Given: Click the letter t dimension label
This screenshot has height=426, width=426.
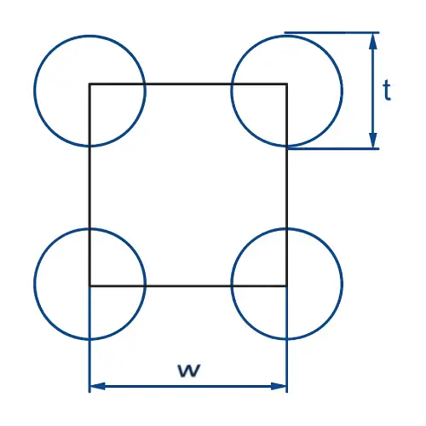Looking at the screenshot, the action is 387,90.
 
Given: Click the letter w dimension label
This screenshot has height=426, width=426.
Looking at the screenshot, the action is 189,370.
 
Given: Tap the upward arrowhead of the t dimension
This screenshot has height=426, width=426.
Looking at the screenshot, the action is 373,41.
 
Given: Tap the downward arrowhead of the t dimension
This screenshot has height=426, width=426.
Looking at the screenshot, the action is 373,141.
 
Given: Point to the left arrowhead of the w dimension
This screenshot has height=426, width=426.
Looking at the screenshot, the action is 97,386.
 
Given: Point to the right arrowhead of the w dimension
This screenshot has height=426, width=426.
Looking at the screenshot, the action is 279,386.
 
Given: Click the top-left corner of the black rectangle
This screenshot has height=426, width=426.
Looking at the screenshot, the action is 89,84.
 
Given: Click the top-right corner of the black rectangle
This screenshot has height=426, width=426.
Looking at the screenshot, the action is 286,84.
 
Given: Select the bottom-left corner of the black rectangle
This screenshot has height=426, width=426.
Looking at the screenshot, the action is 89,285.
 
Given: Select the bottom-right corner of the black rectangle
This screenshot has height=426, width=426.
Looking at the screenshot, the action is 286,285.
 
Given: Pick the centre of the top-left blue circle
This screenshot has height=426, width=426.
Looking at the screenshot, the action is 89,91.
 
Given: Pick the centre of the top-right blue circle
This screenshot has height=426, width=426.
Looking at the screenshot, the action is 287,91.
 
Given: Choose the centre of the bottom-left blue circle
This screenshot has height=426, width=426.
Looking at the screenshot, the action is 89,284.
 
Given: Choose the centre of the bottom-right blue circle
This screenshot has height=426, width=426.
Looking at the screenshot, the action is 287,284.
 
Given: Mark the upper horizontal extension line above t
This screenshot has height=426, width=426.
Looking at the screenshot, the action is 331,32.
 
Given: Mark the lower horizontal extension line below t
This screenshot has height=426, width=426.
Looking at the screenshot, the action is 333,148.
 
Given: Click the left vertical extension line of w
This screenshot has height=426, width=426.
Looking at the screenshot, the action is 89,339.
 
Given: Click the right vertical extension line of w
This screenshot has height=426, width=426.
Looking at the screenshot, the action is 287,339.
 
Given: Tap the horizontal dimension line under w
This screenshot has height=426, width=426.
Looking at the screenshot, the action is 188,386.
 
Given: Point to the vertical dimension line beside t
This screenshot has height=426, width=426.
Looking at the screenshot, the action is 373,90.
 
